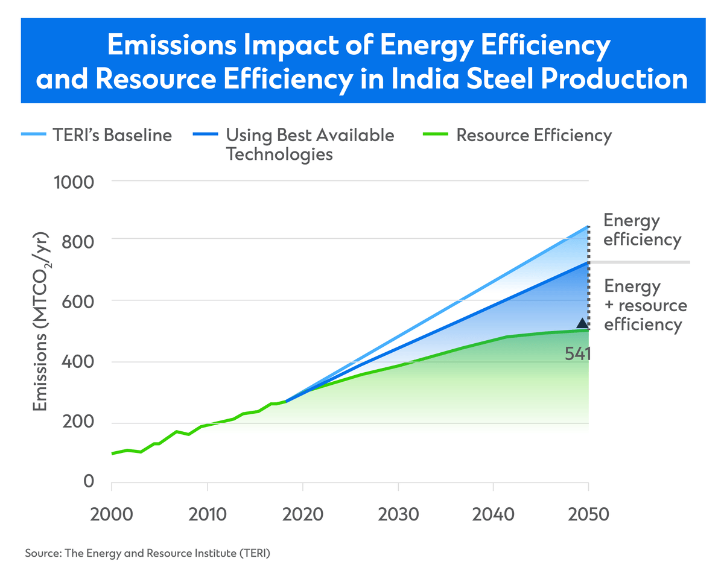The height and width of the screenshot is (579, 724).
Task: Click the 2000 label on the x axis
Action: [x=112, y=515]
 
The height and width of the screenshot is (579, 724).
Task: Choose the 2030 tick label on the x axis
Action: [x=398, y=515]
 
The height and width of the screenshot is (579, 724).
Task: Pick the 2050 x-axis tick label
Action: [x=588, y=515]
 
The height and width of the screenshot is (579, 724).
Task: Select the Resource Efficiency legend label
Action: [x=534, y=134]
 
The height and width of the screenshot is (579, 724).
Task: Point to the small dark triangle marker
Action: [x=582, y=323]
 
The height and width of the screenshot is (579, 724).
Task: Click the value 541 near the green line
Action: [x=577, y=353]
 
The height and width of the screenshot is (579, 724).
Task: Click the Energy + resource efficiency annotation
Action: [x=645, y=305]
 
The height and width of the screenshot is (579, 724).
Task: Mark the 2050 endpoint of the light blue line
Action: [x=588, y=227]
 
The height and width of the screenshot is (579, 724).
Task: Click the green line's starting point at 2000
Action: [x=112, y=454]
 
